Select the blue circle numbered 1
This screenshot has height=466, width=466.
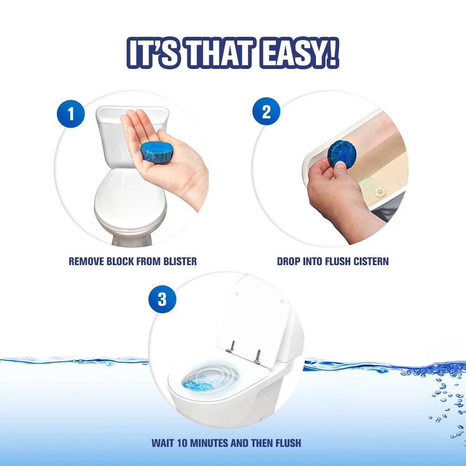71,114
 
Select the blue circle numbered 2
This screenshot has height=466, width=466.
266,111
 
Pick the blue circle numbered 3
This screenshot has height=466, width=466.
162,299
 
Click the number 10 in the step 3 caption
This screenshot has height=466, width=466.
182,443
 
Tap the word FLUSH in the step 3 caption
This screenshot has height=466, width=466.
288,443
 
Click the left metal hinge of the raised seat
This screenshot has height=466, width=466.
231,347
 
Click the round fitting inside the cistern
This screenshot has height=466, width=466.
379,192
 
